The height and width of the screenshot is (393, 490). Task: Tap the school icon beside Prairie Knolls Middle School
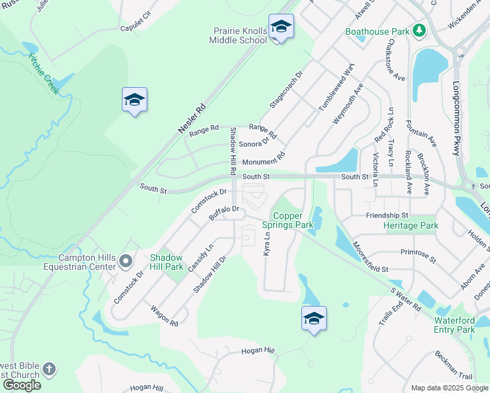281,27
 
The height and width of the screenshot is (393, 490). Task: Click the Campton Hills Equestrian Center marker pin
126,263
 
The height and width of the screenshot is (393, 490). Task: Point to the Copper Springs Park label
288,220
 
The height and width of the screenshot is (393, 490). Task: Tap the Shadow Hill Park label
166,262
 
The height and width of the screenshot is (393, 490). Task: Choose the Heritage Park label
411,225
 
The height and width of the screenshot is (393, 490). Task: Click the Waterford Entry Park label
454,325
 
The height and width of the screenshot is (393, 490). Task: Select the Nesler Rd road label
192,119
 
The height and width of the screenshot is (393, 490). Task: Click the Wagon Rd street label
164,316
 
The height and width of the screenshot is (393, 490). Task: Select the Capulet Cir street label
136,28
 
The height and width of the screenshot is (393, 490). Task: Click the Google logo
22,384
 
